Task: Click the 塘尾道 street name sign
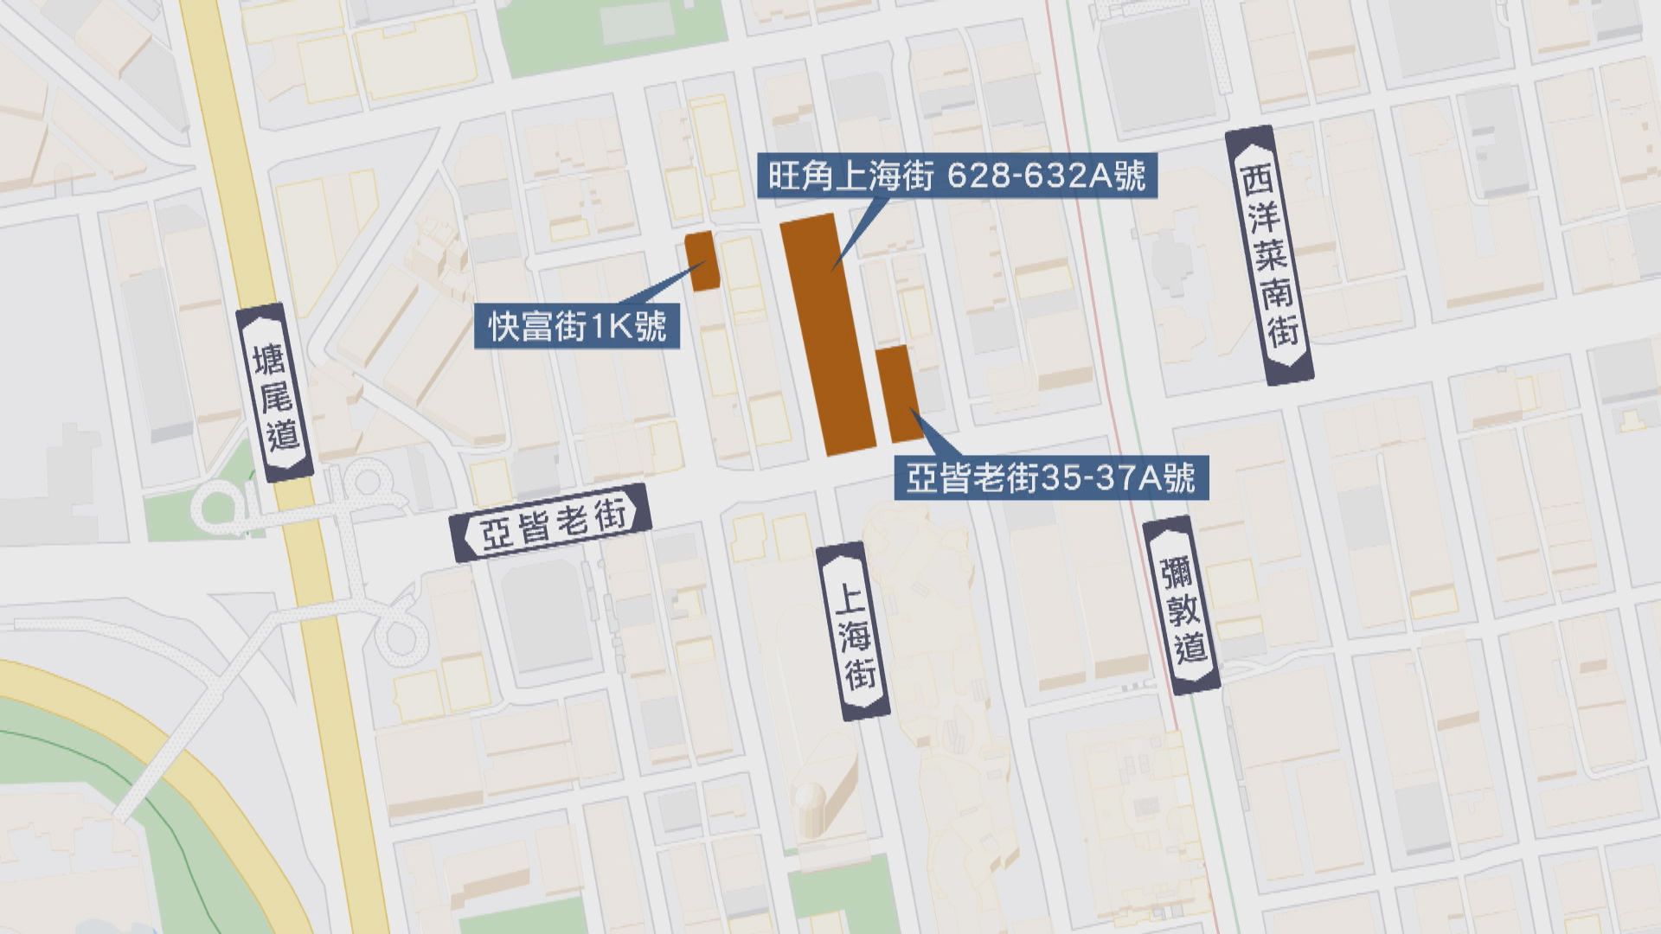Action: click(275, 393)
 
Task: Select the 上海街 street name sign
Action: click(854, 631)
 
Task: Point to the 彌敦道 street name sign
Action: click(1182, 605)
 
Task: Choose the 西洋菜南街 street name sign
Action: click(1269, 255)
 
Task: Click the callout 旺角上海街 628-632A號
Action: click(957, 176)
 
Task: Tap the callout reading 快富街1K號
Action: click(577, 326)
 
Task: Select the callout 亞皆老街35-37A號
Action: click(1050, 477)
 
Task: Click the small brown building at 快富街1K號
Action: click(702, 260)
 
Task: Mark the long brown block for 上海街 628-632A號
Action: click(826, 333)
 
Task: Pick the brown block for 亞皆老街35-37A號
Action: click(898, 393)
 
